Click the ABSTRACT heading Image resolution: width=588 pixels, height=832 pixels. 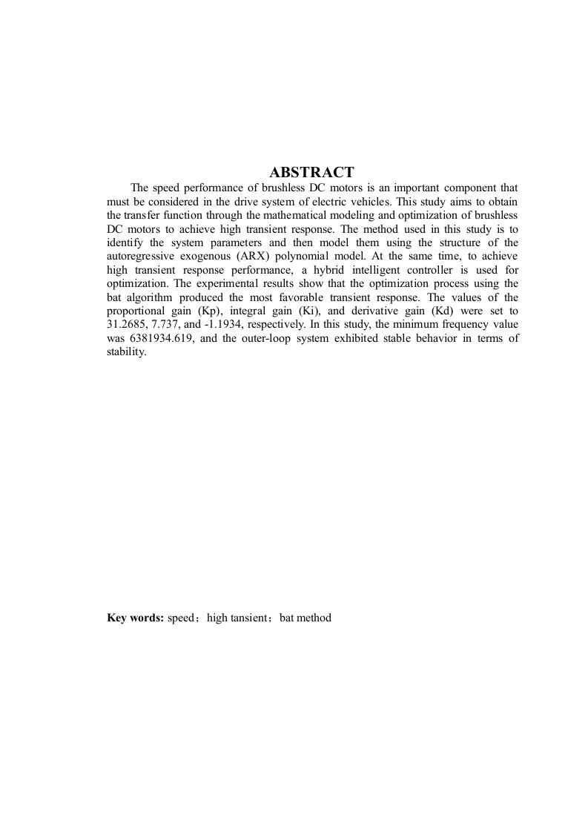[311, 173]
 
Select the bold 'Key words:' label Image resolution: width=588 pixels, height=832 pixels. [135, 617]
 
